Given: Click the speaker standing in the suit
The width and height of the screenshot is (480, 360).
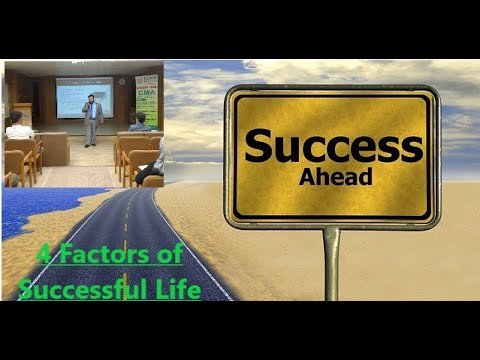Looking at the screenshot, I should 93,119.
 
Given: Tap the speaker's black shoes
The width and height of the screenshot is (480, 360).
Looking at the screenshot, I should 93,145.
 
